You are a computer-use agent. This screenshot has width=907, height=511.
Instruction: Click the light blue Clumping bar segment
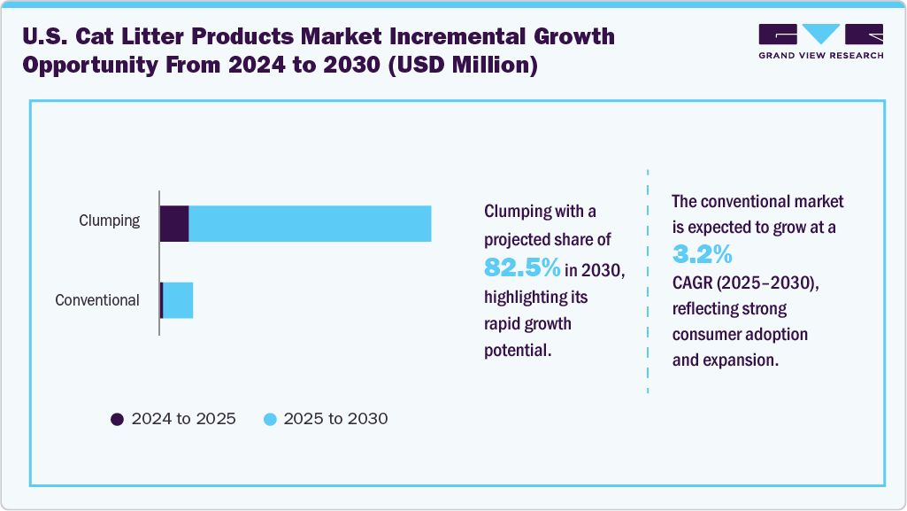[310, 223]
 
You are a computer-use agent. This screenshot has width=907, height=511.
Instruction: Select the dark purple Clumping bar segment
[174, 223]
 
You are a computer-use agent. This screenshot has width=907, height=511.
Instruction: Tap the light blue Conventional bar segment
[178, 300]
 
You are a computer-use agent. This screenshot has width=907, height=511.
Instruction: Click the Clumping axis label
[109, 221]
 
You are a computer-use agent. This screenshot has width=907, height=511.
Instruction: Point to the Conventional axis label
[97, 300]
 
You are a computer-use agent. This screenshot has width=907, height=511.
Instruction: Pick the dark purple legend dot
[117, 419]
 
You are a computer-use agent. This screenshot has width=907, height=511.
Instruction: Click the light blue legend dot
[270, 419]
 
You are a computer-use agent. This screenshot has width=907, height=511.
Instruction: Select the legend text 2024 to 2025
[183, 419]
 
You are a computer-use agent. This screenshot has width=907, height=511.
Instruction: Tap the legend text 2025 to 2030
[335, 419]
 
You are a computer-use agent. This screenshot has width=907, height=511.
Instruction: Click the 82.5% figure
[522, 267]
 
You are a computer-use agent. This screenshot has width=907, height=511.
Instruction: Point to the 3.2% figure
[702, 255]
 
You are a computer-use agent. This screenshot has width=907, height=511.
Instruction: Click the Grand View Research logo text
[820, 55]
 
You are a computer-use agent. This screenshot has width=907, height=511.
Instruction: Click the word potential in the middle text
[518, 351]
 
